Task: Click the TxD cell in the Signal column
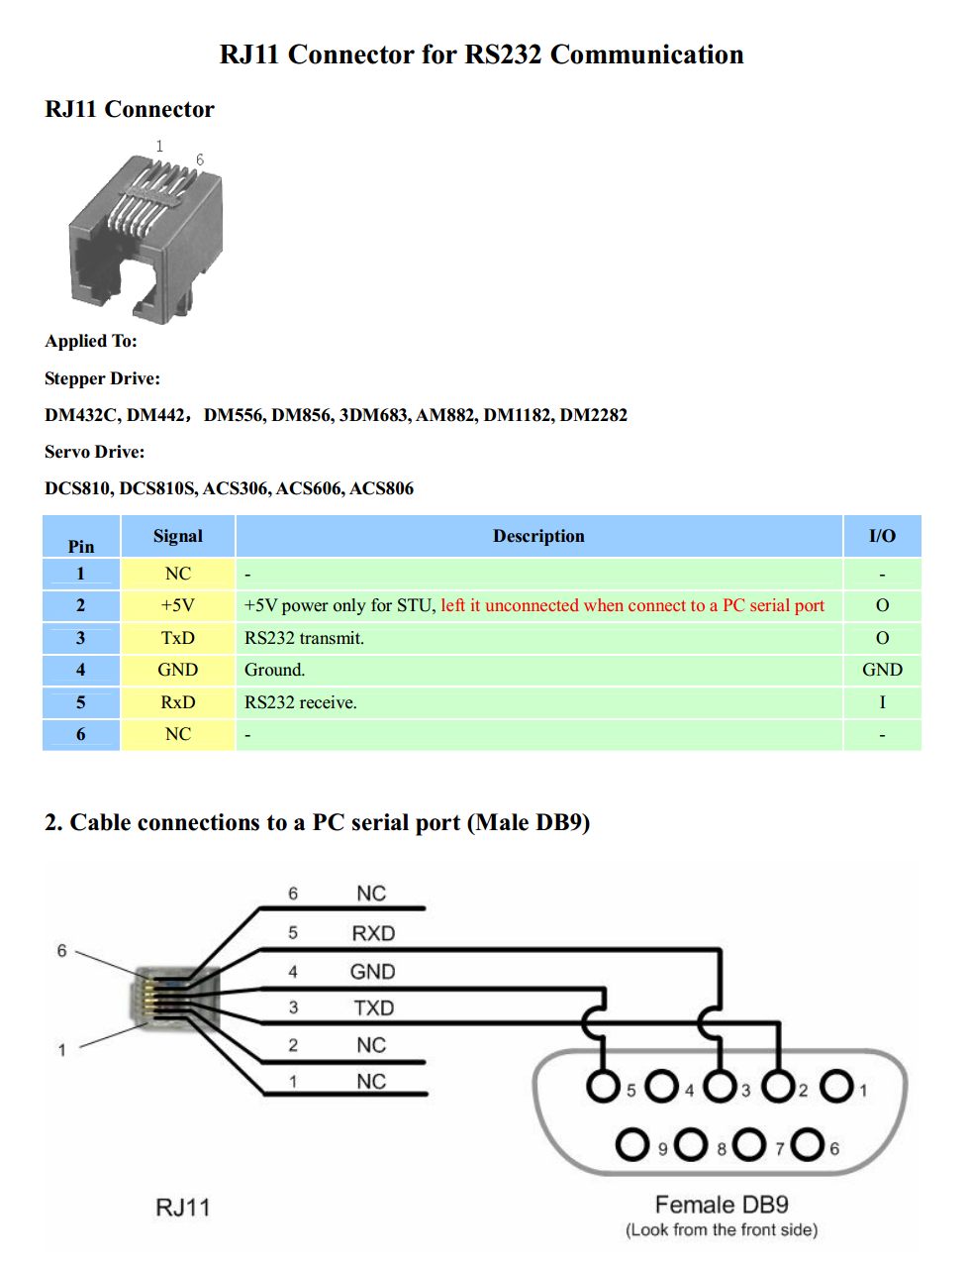point(178,638)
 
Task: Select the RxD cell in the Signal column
point(178,702)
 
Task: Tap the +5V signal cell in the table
point(178,605)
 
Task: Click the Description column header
point(538,536)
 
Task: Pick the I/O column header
point(882,536)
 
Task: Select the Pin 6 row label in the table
point(81,734)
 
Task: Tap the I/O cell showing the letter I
point(882,702)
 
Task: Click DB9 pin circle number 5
point(603,1086)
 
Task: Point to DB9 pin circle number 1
point(836,1086)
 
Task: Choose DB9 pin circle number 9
point(632,1144)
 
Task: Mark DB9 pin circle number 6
point(808,1144)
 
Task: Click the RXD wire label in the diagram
point(373,933)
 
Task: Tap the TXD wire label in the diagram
point(373,1007)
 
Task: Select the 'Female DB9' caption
point(722,1205)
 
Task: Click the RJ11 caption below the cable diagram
point(183,1208)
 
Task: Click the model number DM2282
point(594,415)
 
